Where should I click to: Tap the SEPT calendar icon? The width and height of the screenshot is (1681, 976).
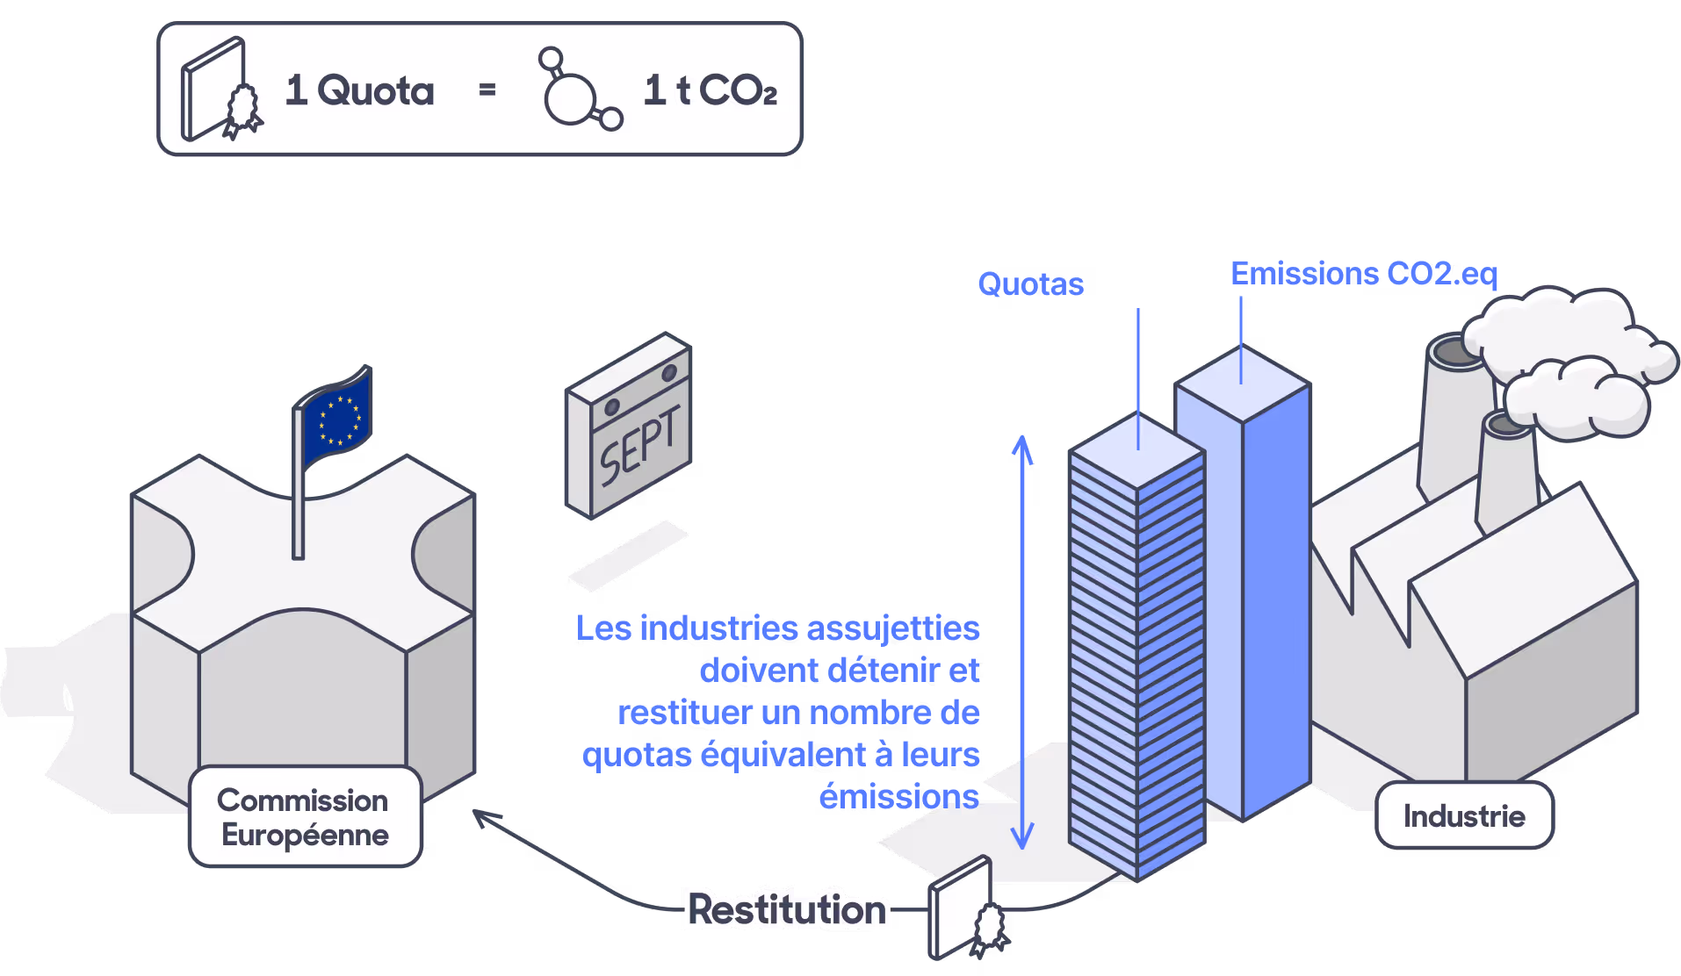pos(629,426)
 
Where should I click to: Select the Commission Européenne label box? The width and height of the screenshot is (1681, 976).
pos(306,817)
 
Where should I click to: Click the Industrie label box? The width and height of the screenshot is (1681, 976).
pos(1464,815)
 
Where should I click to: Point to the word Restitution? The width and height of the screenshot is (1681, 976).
pos(787,909)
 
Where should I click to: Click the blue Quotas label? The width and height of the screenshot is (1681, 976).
pos(1031,284)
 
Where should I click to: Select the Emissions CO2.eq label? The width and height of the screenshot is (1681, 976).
pos(1364,274)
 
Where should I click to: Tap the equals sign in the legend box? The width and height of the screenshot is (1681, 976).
pos(487,90)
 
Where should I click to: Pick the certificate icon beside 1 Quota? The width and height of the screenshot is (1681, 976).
pos(221,90)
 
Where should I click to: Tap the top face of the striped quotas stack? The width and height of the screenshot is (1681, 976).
pos(1137,450)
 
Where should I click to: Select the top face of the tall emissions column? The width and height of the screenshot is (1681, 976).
pos(1242,384)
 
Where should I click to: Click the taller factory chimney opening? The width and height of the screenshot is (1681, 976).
pos(1455,352)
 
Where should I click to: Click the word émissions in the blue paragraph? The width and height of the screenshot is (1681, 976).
pos(898,797)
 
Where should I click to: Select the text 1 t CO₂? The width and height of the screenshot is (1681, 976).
pos(711,90)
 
